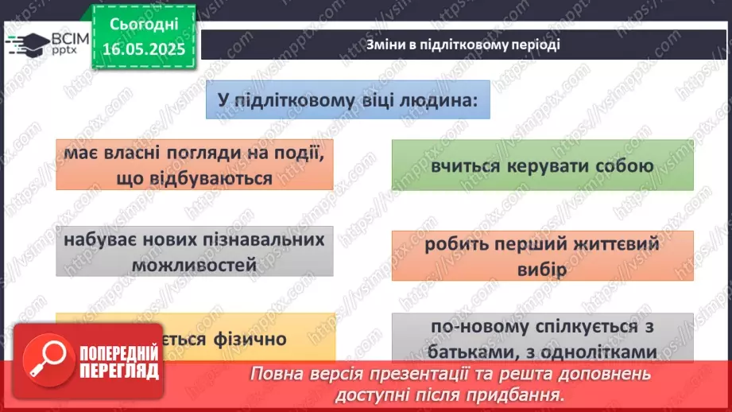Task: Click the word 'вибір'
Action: coord(544,269)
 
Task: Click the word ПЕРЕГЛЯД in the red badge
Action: coord(119,372)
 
